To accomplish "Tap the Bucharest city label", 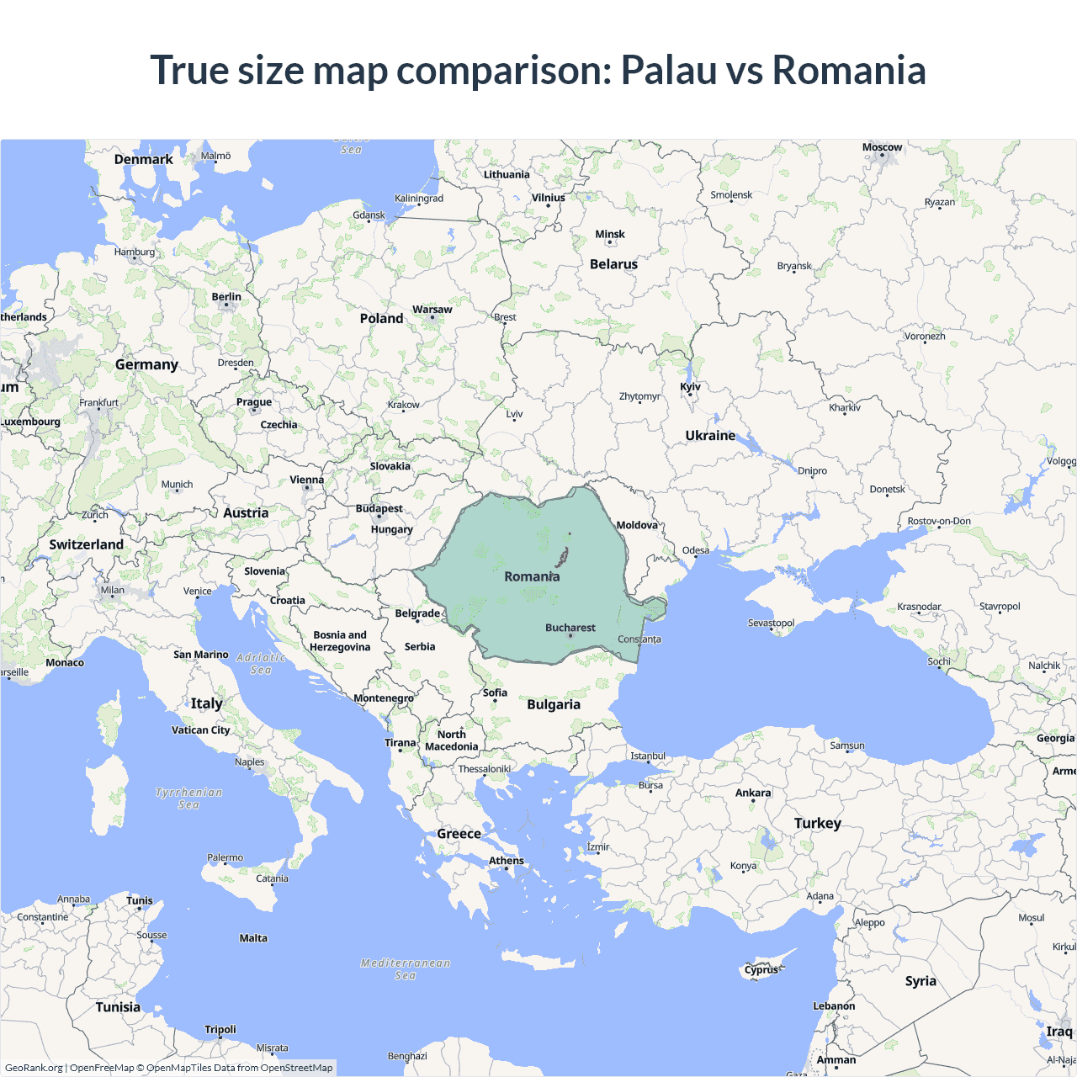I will click(x=570, y=628).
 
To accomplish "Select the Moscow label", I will click(x=882, y=147).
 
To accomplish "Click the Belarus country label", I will click(x=613, y=264).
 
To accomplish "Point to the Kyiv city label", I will click(x=690, y=387).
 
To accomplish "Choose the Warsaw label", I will click(x=432, y=310).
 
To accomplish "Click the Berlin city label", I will click(x=226, y=297).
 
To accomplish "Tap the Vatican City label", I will click(x=200, y=730).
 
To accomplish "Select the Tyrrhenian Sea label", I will click(x=189, y=798).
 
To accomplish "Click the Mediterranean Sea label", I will click(x=406, y=969).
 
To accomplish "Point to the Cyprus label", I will click(x=761, y=970).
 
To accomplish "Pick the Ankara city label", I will click(x=753, y=793).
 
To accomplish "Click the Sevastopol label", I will click(x=771, y=623).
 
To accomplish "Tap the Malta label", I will click(x=253, y=938).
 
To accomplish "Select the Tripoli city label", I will click(x=220, y=1030).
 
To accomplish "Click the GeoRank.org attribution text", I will click(x=34, y=1068).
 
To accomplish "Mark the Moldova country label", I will click(x=637, y=525).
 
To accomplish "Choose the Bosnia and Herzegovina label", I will click(x=340, y=641).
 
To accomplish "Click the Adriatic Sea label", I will click(x=261, y=664).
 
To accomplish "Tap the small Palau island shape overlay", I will click(x=562, y=557).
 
